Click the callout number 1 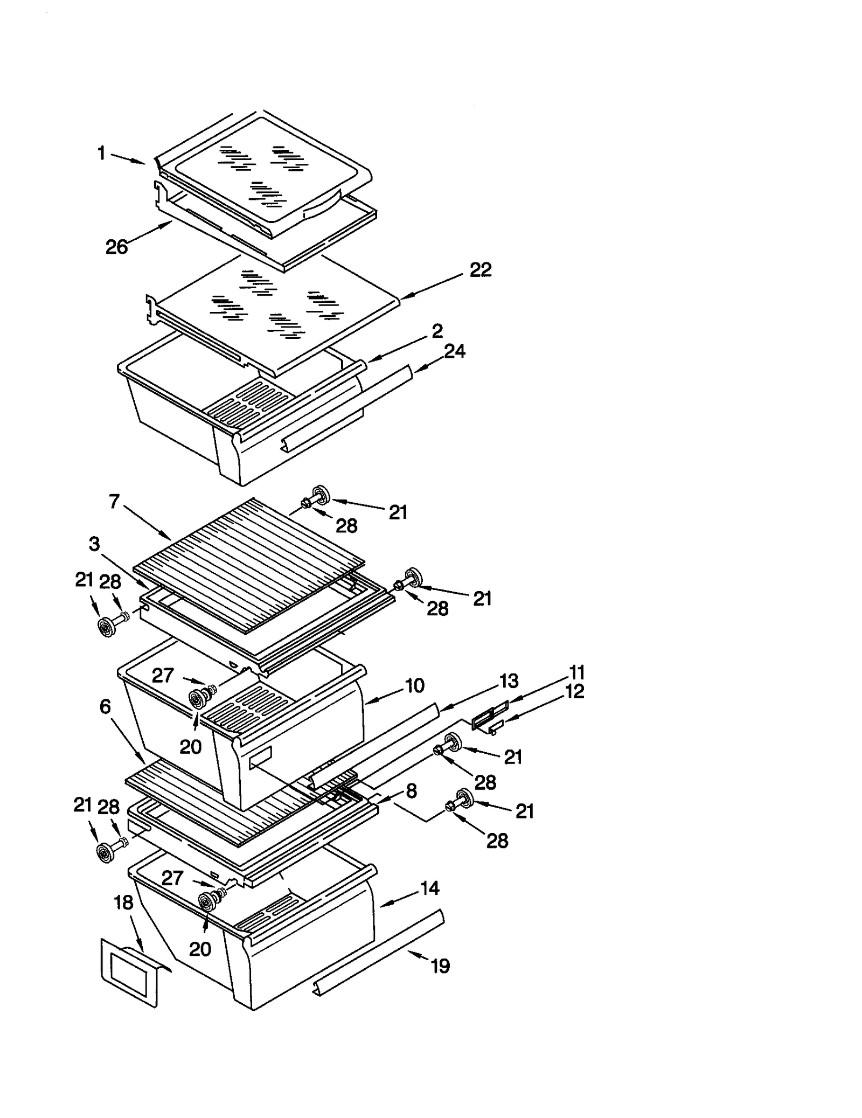(101, 154)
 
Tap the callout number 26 (117, 247)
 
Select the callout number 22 (480, 270)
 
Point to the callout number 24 (454, 352)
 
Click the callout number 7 (114, 502)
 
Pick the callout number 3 (94, 544)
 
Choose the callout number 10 (414, 686)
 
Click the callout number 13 (508, 681)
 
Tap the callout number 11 (576, 672)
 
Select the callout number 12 (575, 691)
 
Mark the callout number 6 (105, 706)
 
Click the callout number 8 (411, 791)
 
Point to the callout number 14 (429, 888)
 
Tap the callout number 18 (124, 902)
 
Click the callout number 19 (440, 966)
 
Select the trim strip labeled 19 (377, 951)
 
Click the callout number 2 (437, 330)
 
